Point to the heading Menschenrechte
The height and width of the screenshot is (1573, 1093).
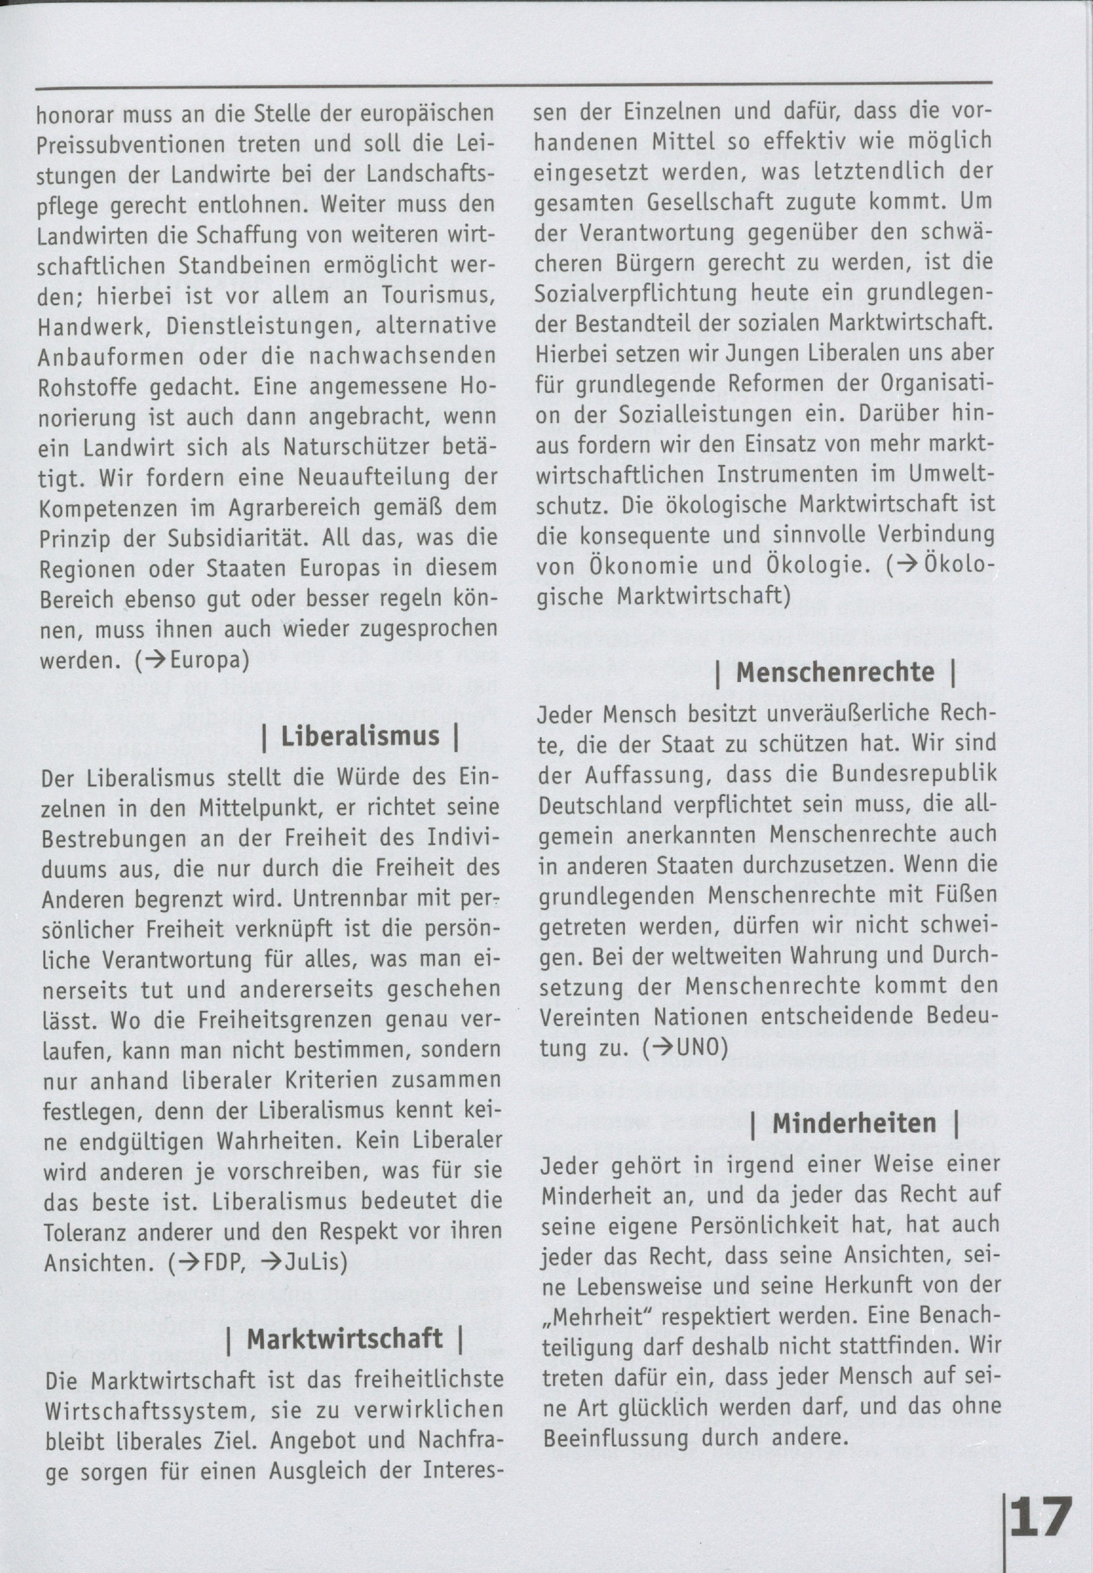(x=834, y=672)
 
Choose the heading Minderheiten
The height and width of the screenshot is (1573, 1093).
(x=854, y=1123)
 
